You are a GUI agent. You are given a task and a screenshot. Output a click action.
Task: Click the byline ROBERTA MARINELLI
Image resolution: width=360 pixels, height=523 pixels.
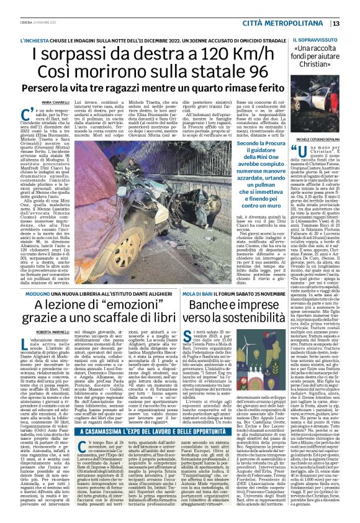[x=55, y=333]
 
